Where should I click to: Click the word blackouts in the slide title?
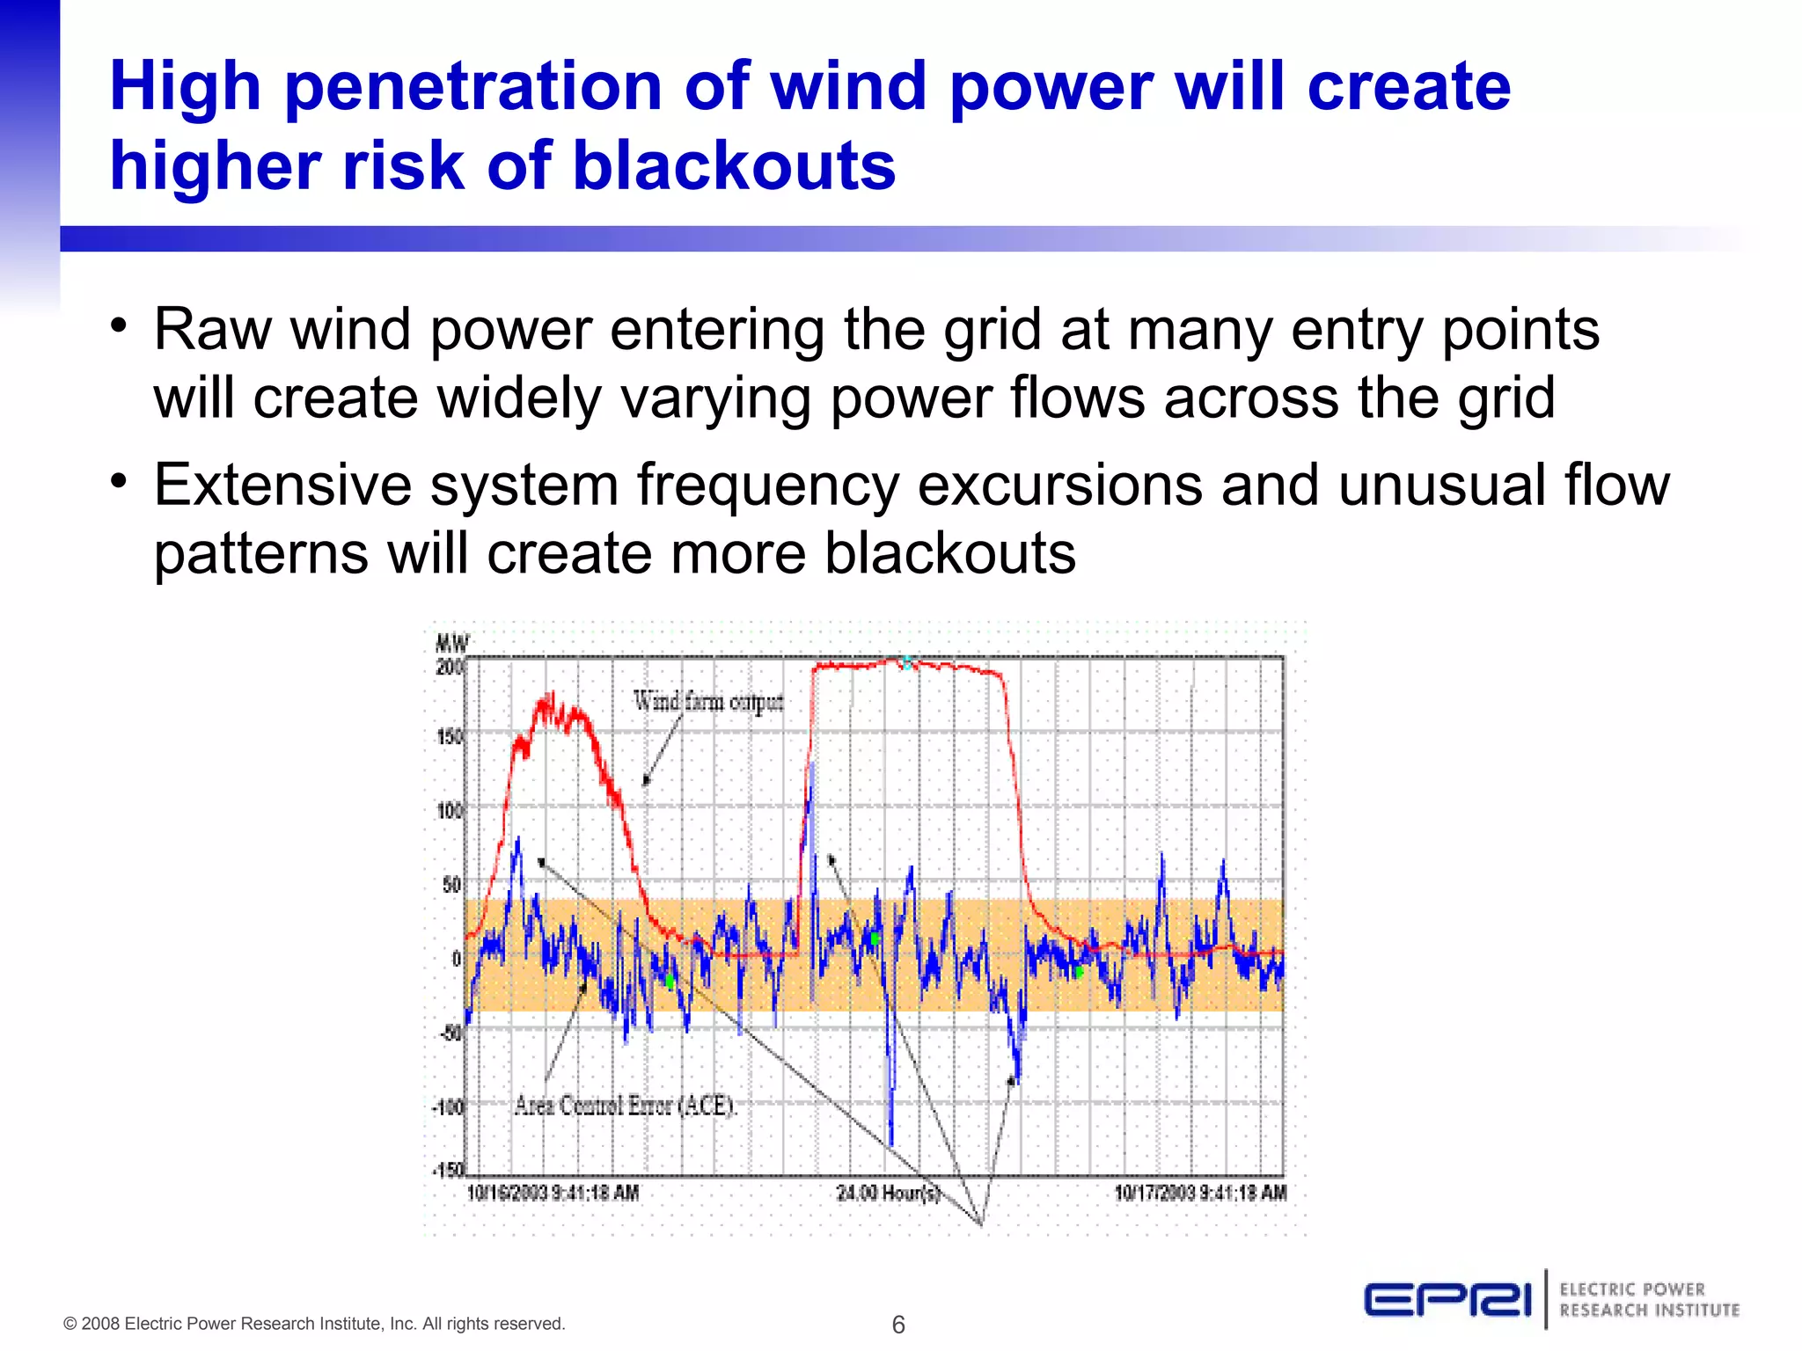click(x=735, y=165)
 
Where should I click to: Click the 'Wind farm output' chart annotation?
click(x=708, y=701)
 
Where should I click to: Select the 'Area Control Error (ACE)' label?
click(x=624, y=1105)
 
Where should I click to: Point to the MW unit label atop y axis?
click(x=452, y=643)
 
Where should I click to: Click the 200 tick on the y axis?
click(x=449, y=668)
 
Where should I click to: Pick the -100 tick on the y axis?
click(x=448, y=1106)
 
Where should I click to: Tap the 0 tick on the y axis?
click(x=457, y=958)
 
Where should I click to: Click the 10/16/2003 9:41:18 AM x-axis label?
click(x=553, y=1194)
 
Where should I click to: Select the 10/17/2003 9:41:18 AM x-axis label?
click(x=1200, y=1194)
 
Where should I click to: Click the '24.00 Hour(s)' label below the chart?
click(x=888, y=1194)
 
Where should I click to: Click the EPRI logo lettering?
click(x=1448, y=1300)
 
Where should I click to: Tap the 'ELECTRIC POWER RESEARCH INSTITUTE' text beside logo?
click(x=1649, y=1300)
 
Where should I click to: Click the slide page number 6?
click(x=898, y=1325)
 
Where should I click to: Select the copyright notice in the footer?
click(x=314, y=1324)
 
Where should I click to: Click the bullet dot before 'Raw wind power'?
click(x=119, y=325)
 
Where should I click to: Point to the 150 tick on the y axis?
click(x=449, y=736)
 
